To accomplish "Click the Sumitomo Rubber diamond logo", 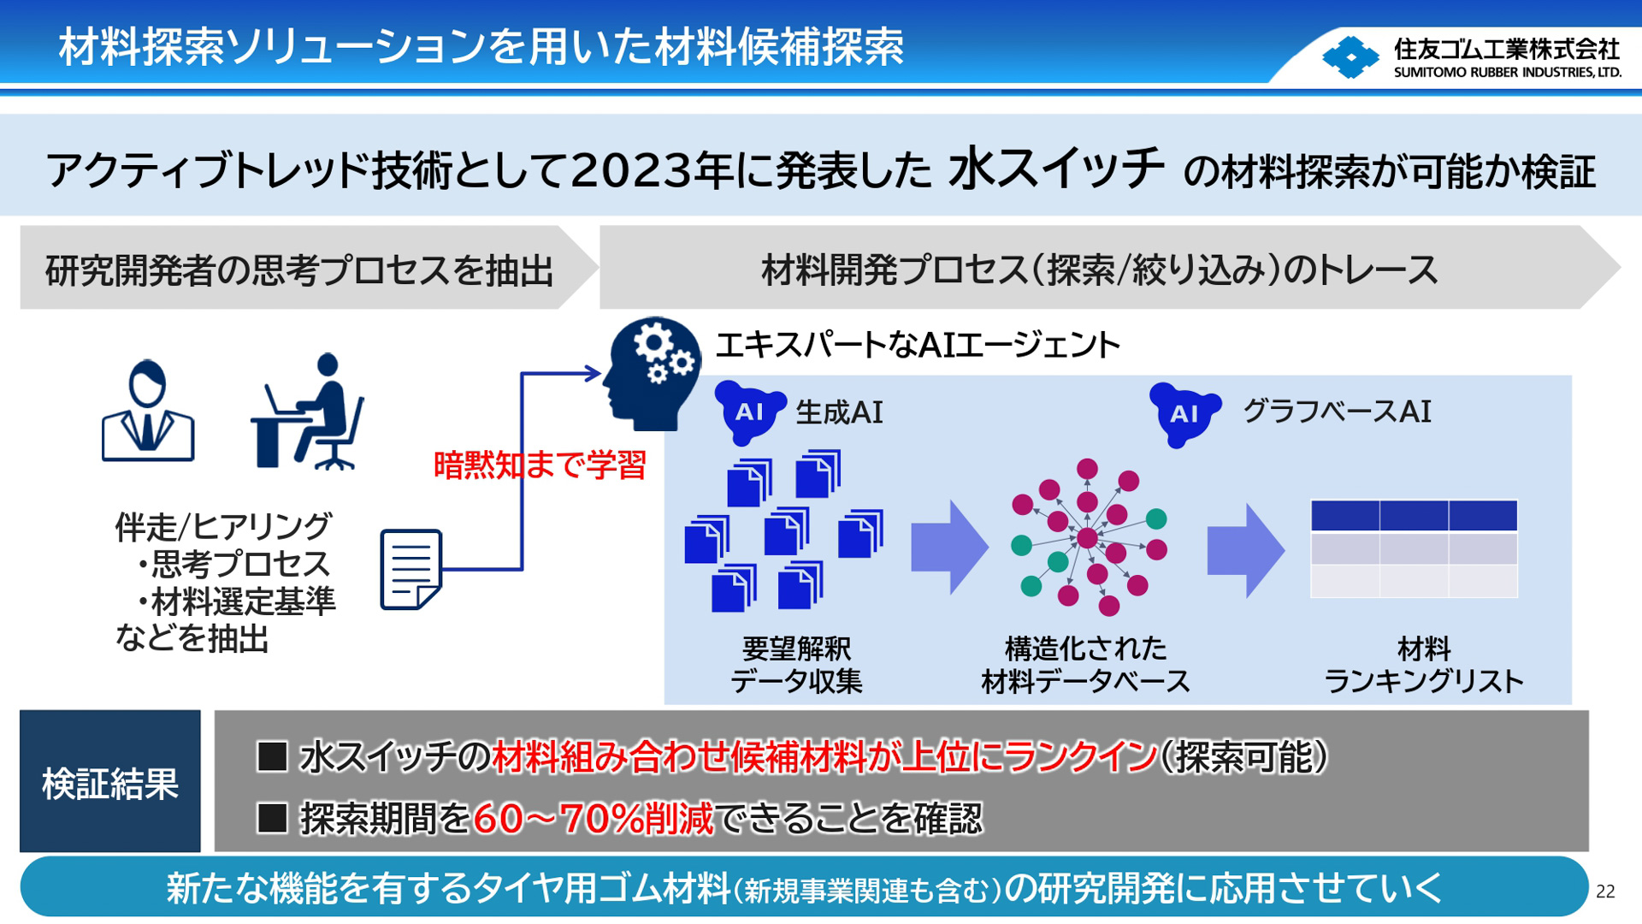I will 1350,57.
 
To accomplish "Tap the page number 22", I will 1605,891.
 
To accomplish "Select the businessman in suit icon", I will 148,412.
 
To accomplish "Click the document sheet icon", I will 410,569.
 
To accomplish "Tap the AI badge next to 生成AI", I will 749,412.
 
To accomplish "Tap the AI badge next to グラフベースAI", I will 1184,414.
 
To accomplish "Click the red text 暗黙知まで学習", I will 540,465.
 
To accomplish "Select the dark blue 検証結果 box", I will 110,781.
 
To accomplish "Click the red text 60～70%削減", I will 593,819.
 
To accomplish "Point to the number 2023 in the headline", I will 630,171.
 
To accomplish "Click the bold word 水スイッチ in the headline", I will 1055,168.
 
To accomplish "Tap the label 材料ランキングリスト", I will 1423,665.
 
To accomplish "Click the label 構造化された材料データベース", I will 1085,665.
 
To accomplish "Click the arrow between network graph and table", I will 1245,550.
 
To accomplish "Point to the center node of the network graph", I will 1087,538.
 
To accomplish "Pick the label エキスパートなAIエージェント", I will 918,346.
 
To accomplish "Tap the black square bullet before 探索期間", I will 272,818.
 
